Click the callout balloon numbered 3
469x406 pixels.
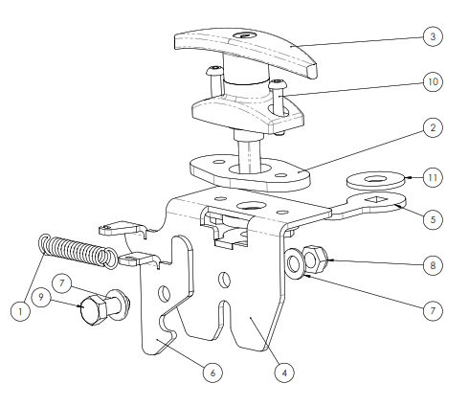tap(433, 36)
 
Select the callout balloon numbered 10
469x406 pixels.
tap(433, 82)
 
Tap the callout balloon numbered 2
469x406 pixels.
tap(433, 127)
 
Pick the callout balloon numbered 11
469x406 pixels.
tap(433, 177)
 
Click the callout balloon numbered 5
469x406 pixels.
tap(433, 219)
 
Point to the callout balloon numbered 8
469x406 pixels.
tap(433, 265)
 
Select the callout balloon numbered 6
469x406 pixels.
tap(212, 372)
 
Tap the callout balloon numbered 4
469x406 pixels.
tap(284, 372)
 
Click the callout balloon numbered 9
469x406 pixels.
tap(41, 298)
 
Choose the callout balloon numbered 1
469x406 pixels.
tap(20, 311)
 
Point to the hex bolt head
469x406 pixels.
tap(94, 309)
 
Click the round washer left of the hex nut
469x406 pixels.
tap(294, 263)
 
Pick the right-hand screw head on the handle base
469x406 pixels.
tap(279, 85)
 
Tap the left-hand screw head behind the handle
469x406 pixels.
tap(214, 70)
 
